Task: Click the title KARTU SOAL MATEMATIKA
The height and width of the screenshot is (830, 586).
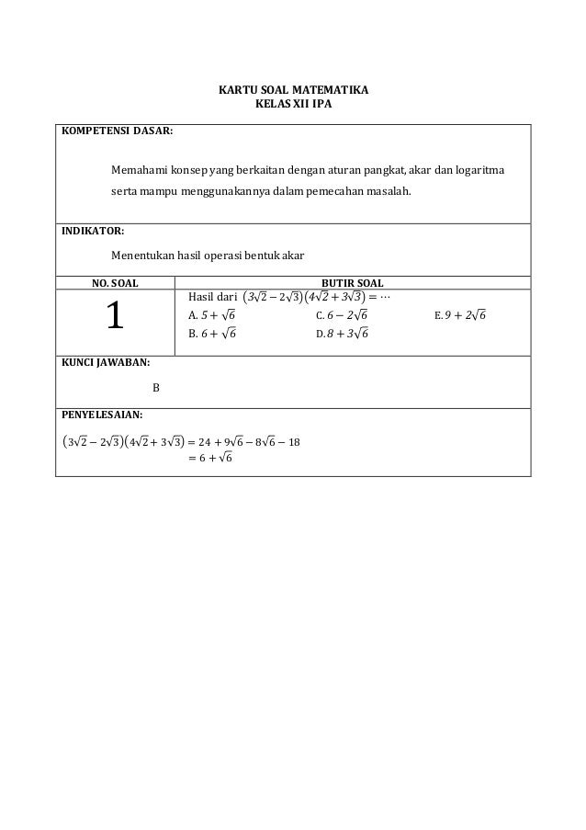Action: tap(292, 92)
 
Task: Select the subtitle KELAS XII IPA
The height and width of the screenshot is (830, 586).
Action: tap(292, 106)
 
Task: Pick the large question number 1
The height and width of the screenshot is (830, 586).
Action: tap(114, 317)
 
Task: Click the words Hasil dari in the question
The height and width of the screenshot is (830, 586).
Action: tap(211, 296)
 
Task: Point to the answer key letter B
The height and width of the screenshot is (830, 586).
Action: tap(155, 387)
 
